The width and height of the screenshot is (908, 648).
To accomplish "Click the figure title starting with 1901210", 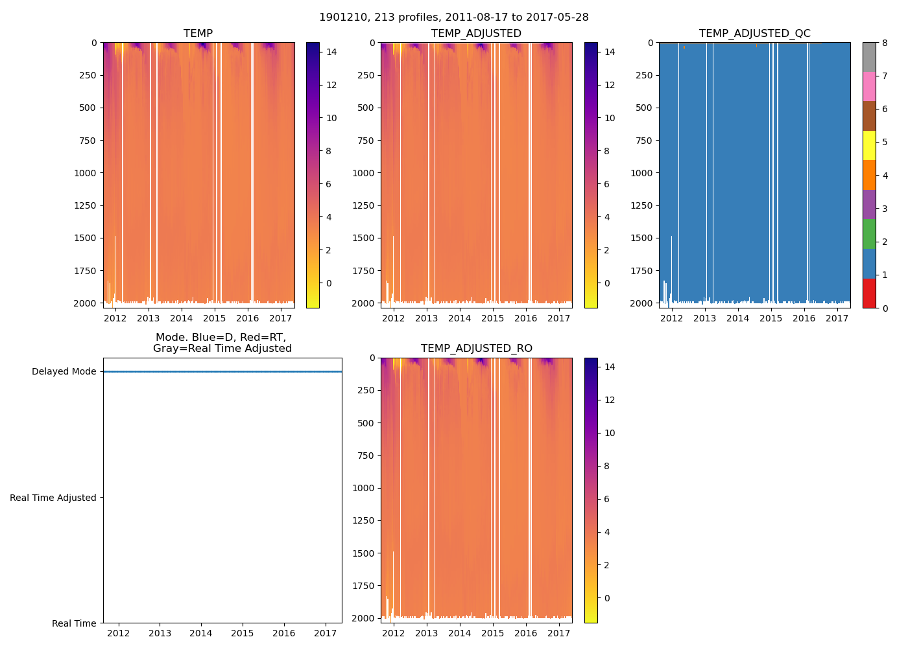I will coord(454,17).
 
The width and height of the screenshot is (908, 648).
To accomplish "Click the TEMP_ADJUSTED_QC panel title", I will coord(754,34).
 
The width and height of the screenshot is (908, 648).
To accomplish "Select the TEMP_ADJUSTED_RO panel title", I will coord(476,349).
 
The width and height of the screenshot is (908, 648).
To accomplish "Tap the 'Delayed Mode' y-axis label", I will coord(64,372).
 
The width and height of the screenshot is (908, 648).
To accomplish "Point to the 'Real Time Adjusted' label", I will coord(53,498).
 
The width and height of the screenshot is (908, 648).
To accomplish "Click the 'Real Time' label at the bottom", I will coord(74,623).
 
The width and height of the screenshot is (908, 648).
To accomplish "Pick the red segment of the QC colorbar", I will coord(869,293).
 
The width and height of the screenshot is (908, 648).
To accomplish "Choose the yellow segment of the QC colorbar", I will coord(869,145).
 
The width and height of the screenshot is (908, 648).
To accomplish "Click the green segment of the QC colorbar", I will coord(869,234).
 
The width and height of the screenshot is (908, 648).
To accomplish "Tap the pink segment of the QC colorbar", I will coord(869,86).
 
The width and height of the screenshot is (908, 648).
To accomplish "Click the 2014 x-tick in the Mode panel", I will coord(201,633).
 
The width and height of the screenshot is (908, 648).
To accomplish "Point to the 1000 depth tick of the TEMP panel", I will coord(86,173).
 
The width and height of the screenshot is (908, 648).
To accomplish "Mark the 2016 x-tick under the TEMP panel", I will coord(247,318).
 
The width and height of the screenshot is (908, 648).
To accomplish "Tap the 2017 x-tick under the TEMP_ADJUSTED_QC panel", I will coord(837,318).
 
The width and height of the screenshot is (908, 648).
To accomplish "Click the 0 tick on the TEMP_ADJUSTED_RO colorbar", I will coord(606,598).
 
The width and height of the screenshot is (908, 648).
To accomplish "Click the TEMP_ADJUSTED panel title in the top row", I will coord(476,34).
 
